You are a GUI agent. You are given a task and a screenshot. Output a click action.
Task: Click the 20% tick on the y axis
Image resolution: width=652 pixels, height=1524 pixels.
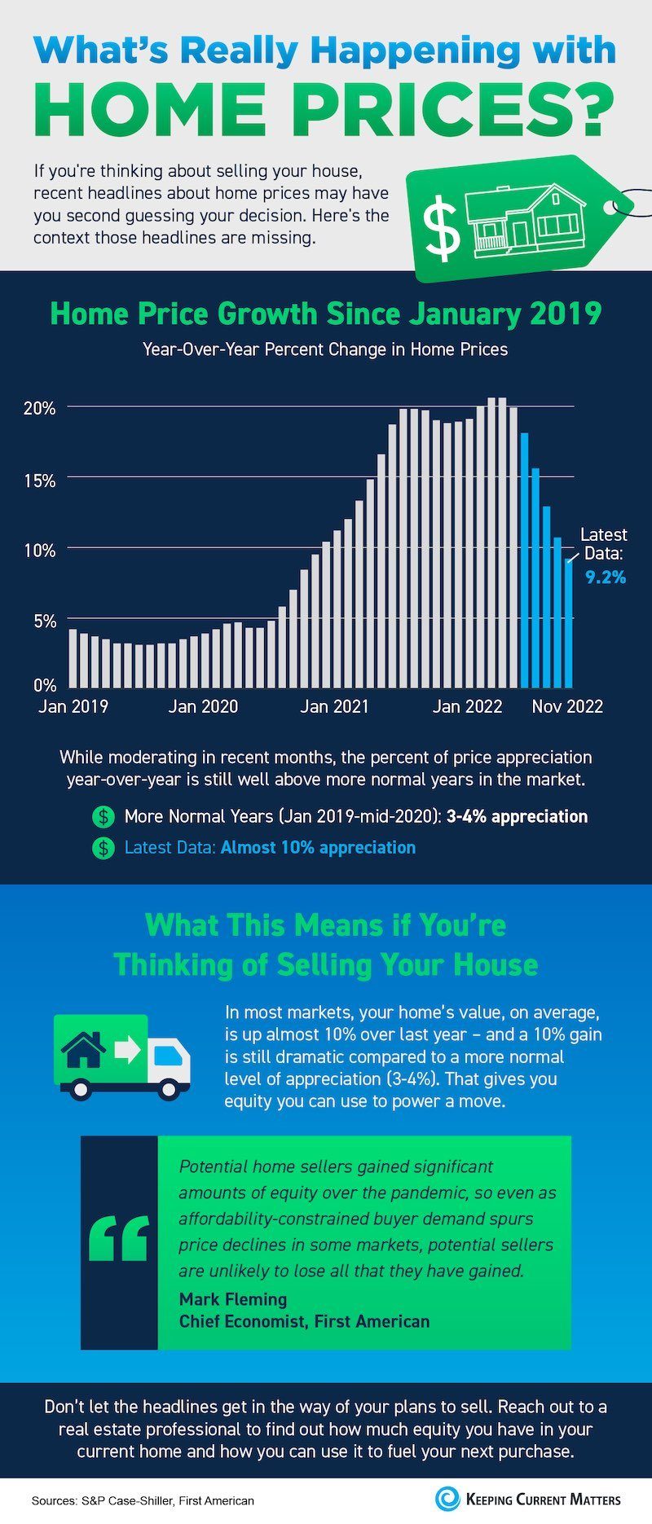[40, 407]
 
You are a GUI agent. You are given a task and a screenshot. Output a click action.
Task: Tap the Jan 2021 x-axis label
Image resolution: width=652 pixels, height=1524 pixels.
[334, 706]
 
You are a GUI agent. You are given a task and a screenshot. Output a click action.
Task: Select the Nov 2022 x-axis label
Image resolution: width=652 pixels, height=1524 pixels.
[567, 706]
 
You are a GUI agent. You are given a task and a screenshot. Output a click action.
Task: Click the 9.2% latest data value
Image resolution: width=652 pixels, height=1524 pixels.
[606, 578]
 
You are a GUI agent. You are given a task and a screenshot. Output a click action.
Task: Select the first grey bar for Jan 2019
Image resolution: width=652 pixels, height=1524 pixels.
[73, 657]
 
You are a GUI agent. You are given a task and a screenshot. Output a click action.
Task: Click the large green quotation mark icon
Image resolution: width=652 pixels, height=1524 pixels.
[119, 1239]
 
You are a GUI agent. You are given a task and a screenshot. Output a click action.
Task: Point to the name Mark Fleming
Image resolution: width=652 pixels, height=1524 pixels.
[233, 1299]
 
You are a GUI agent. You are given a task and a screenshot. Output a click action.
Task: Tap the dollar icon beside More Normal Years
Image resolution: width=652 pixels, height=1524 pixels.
[104, 816]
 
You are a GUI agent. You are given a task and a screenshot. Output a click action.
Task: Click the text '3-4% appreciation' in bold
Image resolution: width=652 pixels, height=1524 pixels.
[517, 816]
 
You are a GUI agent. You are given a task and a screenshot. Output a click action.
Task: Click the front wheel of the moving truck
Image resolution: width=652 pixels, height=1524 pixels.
[171, 1088]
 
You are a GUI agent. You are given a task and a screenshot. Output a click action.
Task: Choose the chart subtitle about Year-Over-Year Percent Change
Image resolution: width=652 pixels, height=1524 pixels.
[325, 349]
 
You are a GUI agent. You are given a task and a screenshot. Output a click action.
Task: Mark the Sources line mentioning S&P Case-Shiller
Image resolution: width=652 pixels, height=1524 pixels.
[143, 1500]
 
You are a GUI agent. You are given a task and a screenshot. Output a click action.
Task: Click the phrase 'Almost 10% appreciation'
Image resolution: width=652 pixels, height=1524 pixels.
[318, 847]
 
